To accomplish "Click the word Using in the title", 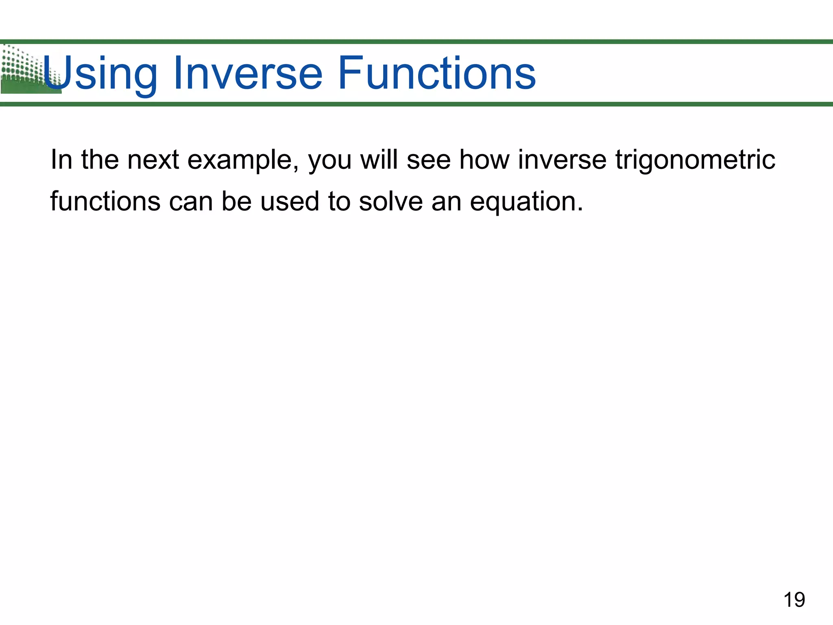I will pos(100,73).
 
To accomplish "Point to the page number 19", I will pos(794,600).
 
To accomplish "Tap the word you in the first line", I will pos(330,160).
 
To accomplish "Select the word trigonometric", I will pos(695,160).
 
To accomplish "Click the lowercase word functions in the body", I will pos(105,201).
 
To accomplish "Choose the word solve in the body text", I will pos(390,201).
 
